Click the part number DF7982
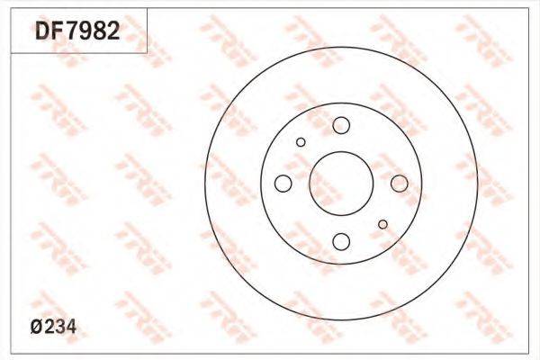click(77, 31)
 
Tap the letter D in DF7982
click(43, 31)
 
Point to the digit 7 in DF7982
click(73, 31)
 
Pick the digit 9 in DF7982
click(86, 31)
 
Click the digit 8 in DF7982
click(100, 31)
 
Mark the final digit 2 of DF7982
click(113, 31)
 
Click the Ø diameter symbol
click(37, 327)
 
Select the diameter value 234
click(60, 327)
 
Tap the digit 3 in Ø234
click(60, 327)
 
